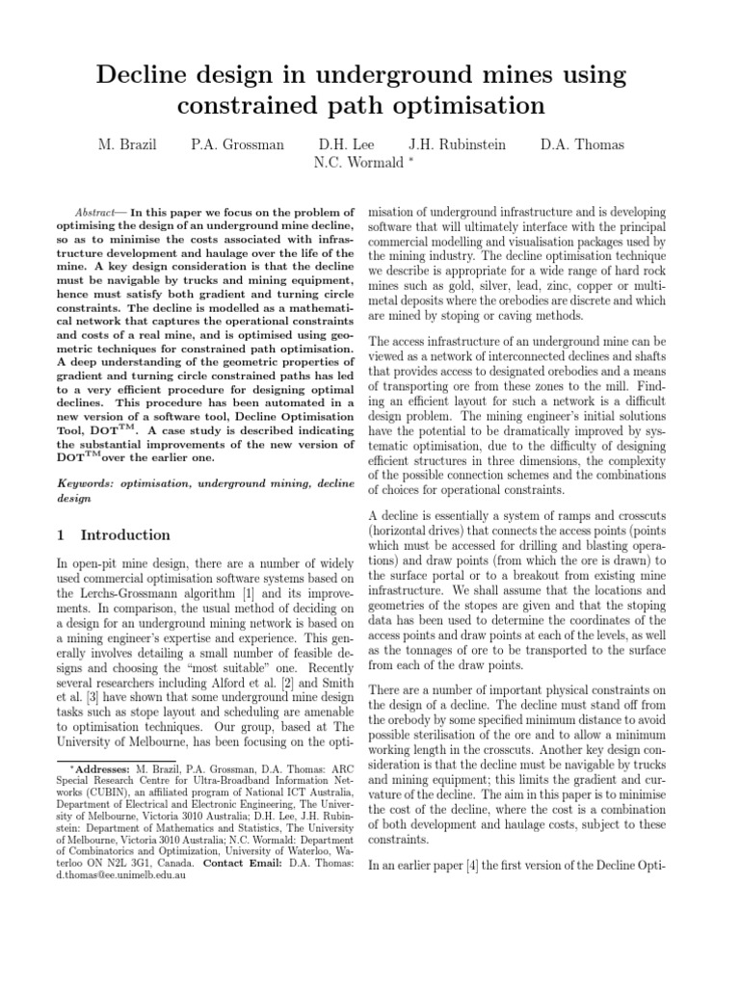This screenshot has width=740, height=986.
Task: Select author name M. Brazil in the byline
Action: pos(128,145)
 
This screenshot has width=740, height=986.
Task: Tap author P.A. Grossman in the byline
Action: pos(237,145)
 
